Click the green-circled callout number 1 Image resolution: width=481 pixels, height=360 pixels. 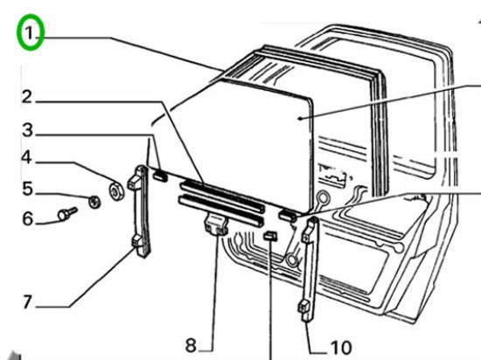[30, 33]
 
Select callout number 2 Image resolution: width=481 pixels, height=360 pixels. [27, 97]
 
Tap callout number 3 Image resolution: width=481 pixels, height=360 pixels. [27, 130]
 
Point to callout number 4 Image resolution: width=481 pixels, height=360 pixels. [26, 157]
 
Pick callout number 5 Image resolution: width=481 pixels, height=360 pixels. [27, 189]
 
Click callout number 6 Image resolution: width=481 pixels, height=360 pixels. [28, 218]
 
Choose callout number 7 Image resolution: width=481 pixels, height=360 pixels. [27, 301]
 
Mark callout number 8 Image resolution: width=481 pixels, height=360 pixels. [191, 346]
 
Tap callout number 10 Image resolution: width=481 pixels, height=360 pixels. [340, 348]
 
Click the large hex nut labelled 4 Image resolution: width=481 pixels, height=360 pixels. [116, 190]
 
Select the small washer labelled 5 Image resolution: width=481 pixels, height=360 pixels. [94, 202]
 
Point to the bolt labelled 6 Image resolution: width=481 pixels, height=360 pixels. [67, 213]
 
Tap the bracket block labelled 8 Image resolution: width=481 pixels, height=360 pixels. [216, 225]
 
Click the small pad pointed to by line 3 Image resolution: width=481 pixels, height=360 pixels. [160, 176]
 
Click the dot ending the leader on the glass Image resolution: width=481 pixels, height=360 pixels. [301, 118]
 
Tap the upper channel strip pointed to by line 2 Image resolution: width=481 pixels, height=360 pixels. [222, 197]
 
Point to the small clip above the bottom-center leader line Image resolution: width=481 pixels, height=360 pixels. [270, 235]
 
